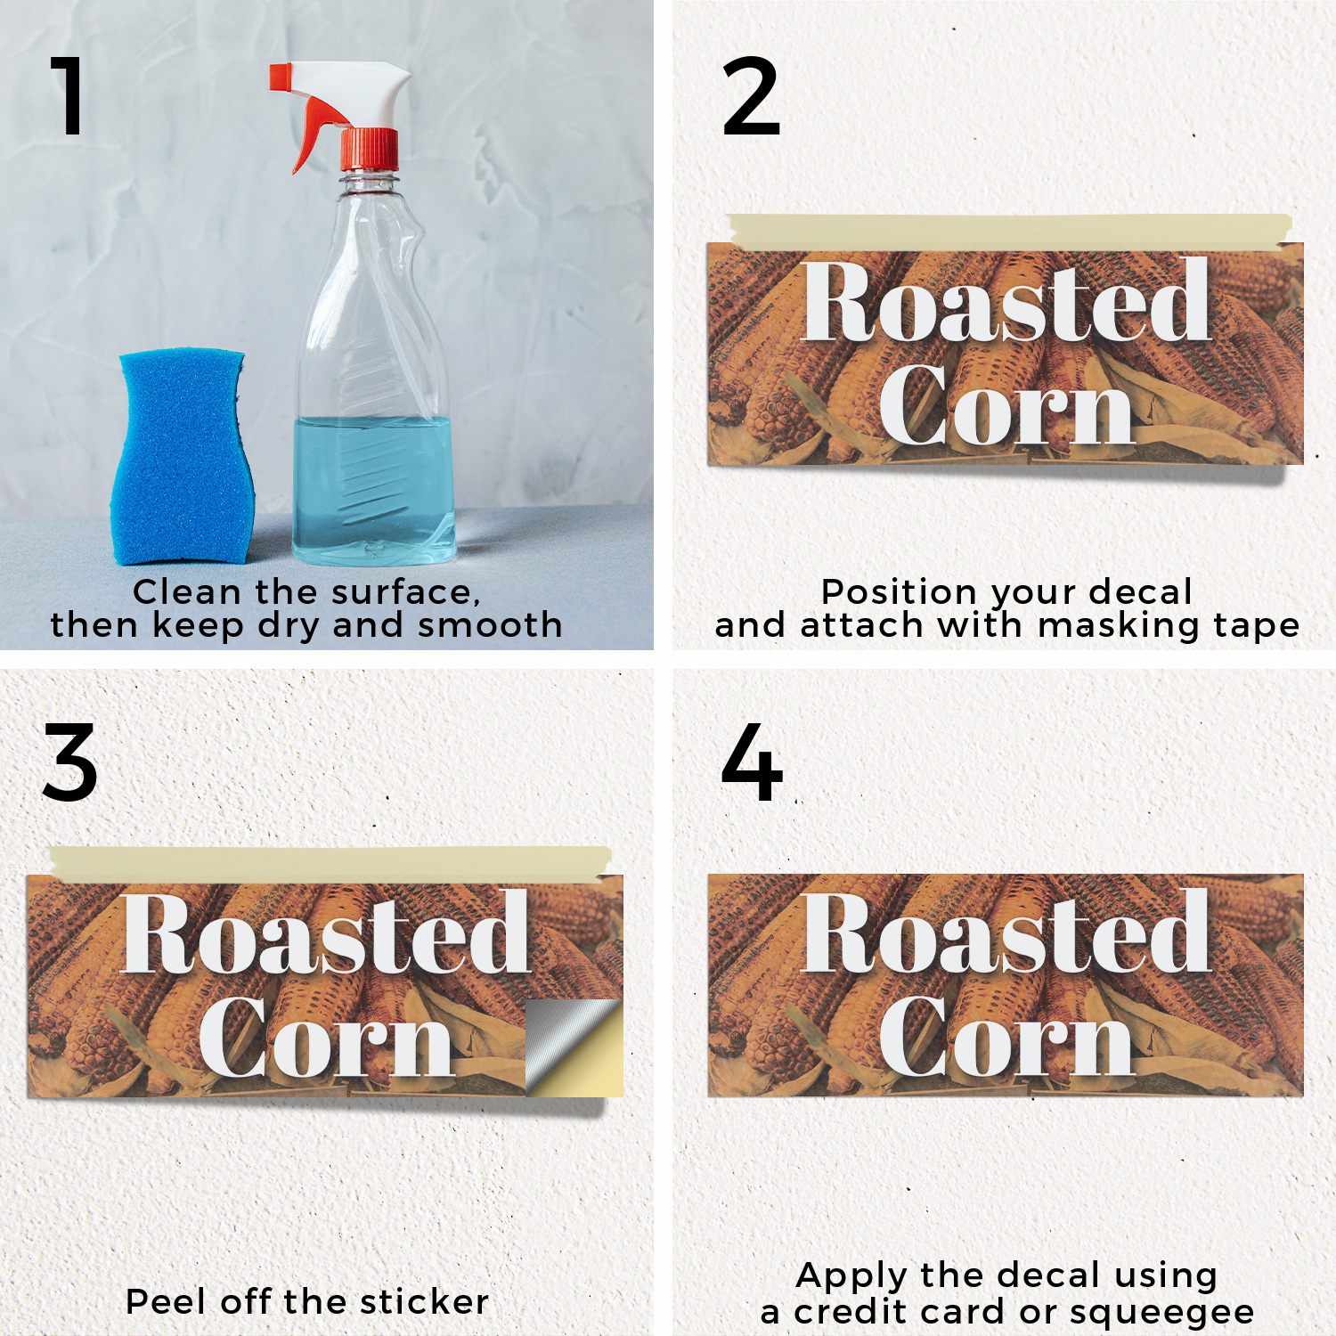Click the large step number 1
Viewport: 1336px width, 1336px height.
click(69, 95)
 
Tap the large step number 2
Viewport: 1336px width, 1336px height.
click(751, 96)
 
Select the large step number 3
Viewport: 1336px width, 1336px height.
click(69, 762)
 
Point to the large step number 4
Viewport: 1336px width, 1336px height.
click(753, 762)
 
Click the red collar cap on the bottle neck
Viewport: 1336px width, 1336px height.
click(370, 150)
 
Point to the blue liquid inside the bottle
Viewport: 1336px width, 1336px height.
click(374, 490)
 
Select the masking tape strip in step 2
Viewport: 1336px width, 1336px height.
click(1009, 232)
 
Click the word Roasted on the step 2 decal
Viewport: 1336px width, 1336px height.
click(1006, 301)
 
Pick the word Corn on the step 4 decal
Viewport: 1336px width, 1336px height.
click(1006, 1034)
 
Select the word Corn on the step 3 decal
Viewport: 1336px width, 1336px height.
click(326, 1036)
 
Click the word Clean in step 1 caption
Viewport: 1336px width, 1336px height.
click(188, 591)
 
